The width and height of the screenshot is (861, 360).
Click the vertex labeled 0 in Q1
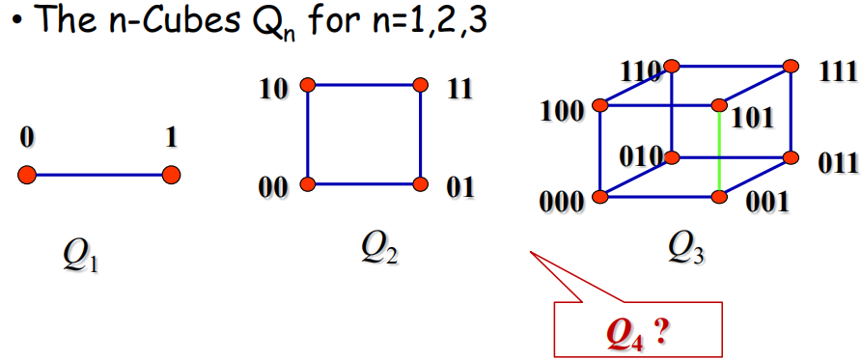click(26, 176)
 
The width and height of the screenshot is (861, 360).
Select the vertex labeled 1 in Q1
click(171, 176)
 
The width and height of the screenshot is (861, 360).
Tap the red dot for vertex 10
click(308, 85)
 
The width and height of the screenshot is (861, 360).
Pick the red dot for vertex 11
click(420, 85)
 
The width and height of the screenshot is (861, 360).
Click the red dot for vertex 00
click(308, 183)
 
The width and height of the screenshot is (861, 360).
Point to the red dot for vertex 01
click(420, 183)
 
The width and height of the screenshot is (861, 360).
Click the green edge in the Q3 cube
click(720, 151)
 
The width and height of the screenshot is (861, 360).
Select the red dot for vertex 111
click(791, 67)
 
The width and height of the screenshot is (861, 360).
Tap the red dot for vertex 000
click(601, 197)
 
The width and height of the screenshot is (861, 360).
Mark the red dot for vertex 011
click(791, 158)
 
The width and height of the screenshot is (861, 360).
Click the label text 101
click(751, 118)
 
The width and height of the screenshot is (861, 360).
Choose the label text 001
click(766, 203)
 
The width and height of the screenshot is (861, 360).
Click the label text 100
click(562, 112)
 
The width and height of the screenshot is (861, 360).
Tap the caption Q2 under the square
click(379, 250)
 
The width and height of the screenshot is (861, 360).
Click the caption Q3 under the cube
click(686, 250)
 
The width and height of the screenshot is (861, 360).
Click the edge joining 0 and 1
click(98, 176)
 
